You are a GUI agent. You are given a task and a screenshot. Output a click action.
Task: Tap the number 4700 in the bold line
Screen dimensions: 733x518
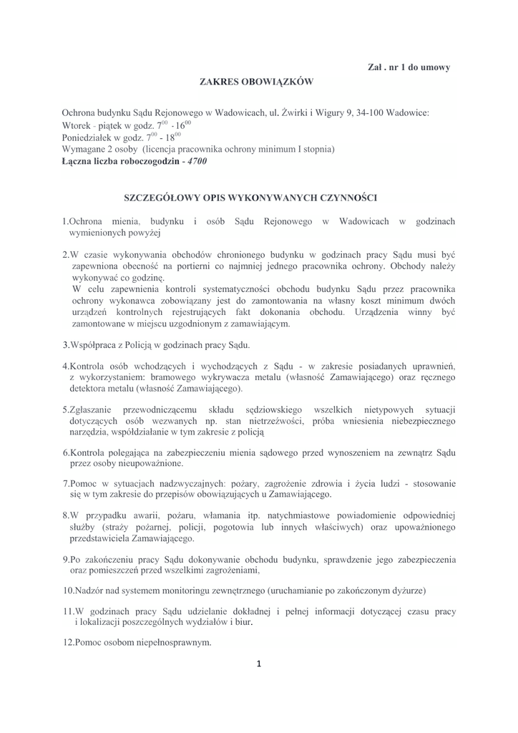[x=193, y=162]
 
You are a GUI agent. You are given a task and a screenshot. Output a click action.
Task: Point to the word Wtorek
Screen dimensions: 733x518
[x=77, y=125]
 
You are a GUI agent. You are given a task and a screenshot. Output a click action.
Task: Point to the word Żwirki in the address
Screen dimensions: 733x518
[x=295, y=113]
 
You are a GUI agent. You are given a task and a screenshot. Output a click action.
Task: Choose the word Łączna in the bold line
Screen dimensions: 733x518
[x=81, y=162]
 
